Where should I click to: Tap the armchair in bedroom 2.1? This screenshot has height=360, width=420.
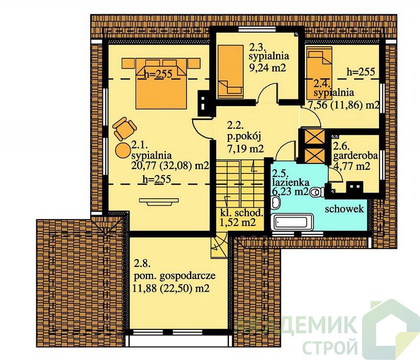tap(124, 129)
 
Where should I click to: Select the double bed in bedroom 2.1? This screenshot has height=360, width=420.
tap(161, 84)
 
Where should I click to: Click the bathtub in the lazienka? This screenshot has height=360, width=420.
tap(292, 222)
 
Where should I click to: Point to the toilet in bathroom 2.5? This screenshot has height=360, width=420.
tap(317, 192)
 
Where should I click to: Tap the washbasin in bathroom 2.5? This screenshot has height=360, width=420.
tap(275, 202)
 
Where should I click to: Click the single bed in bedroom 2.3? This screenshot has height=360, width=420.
tap(230, 71)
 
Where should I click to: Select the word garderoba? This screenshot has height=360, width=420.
tap(355, 156)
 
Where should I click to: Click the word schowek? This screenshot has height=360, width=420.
tap(344, 209)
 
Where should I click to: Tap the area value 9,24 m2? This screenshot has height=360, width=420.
tap(268, 68)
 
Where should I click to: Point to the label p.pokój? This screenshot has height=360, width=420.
tap(244, 137)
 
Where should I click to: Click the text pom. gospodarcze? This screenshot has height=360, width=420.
tap(175, 276)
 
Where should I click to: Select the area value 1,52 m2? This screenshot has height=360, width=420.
tap(238, 222)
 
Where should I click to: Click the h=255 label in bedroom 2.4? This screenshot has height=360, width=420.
tap(361, 71)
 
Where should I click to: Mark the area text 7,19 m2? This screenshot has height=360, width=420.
tap(245, 148)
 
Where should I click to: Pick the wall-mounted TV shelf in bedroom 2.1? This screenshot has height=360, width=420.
tap(159, 201)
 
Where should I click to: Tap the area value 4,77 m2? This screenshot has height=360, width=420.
tap(352, 166)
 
